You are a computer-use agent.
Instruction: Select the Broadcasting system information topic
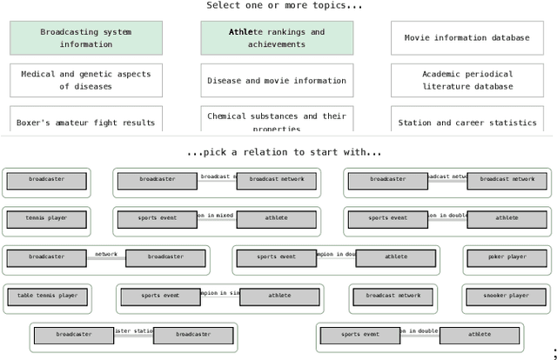pos(85,38)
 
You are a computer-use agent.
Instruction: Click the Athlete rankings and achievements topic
pos(277,38)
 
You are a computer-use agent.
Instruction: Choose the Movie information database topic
pos(466,38)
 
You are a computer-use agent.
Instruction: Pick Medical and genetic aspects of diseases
pos(85,80)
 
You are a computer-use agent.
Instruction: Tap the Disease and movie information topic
pos(277,80)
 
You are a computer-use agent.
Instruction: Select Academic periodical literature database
pos(466,80)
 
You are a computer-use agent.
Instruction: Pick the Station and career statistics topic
pos(466,122)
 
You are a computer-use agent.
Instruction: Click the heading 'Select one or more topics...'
pos(284,6)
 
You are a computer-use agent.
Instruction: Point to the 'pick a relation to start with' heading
pos(284,152)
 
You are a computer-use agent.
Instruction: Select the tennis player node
pos(46,218)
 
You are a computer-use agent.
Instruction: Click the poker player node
pos(506,257)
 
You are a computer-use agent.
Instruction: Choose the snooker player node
pos(506,297)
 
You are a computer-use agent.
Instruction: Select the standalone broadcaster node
pos(46,180)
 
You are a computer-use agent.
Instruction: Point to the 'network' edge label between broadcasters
pos(106,255)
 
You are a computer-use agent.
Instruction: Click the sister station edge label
pos(133,331)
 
